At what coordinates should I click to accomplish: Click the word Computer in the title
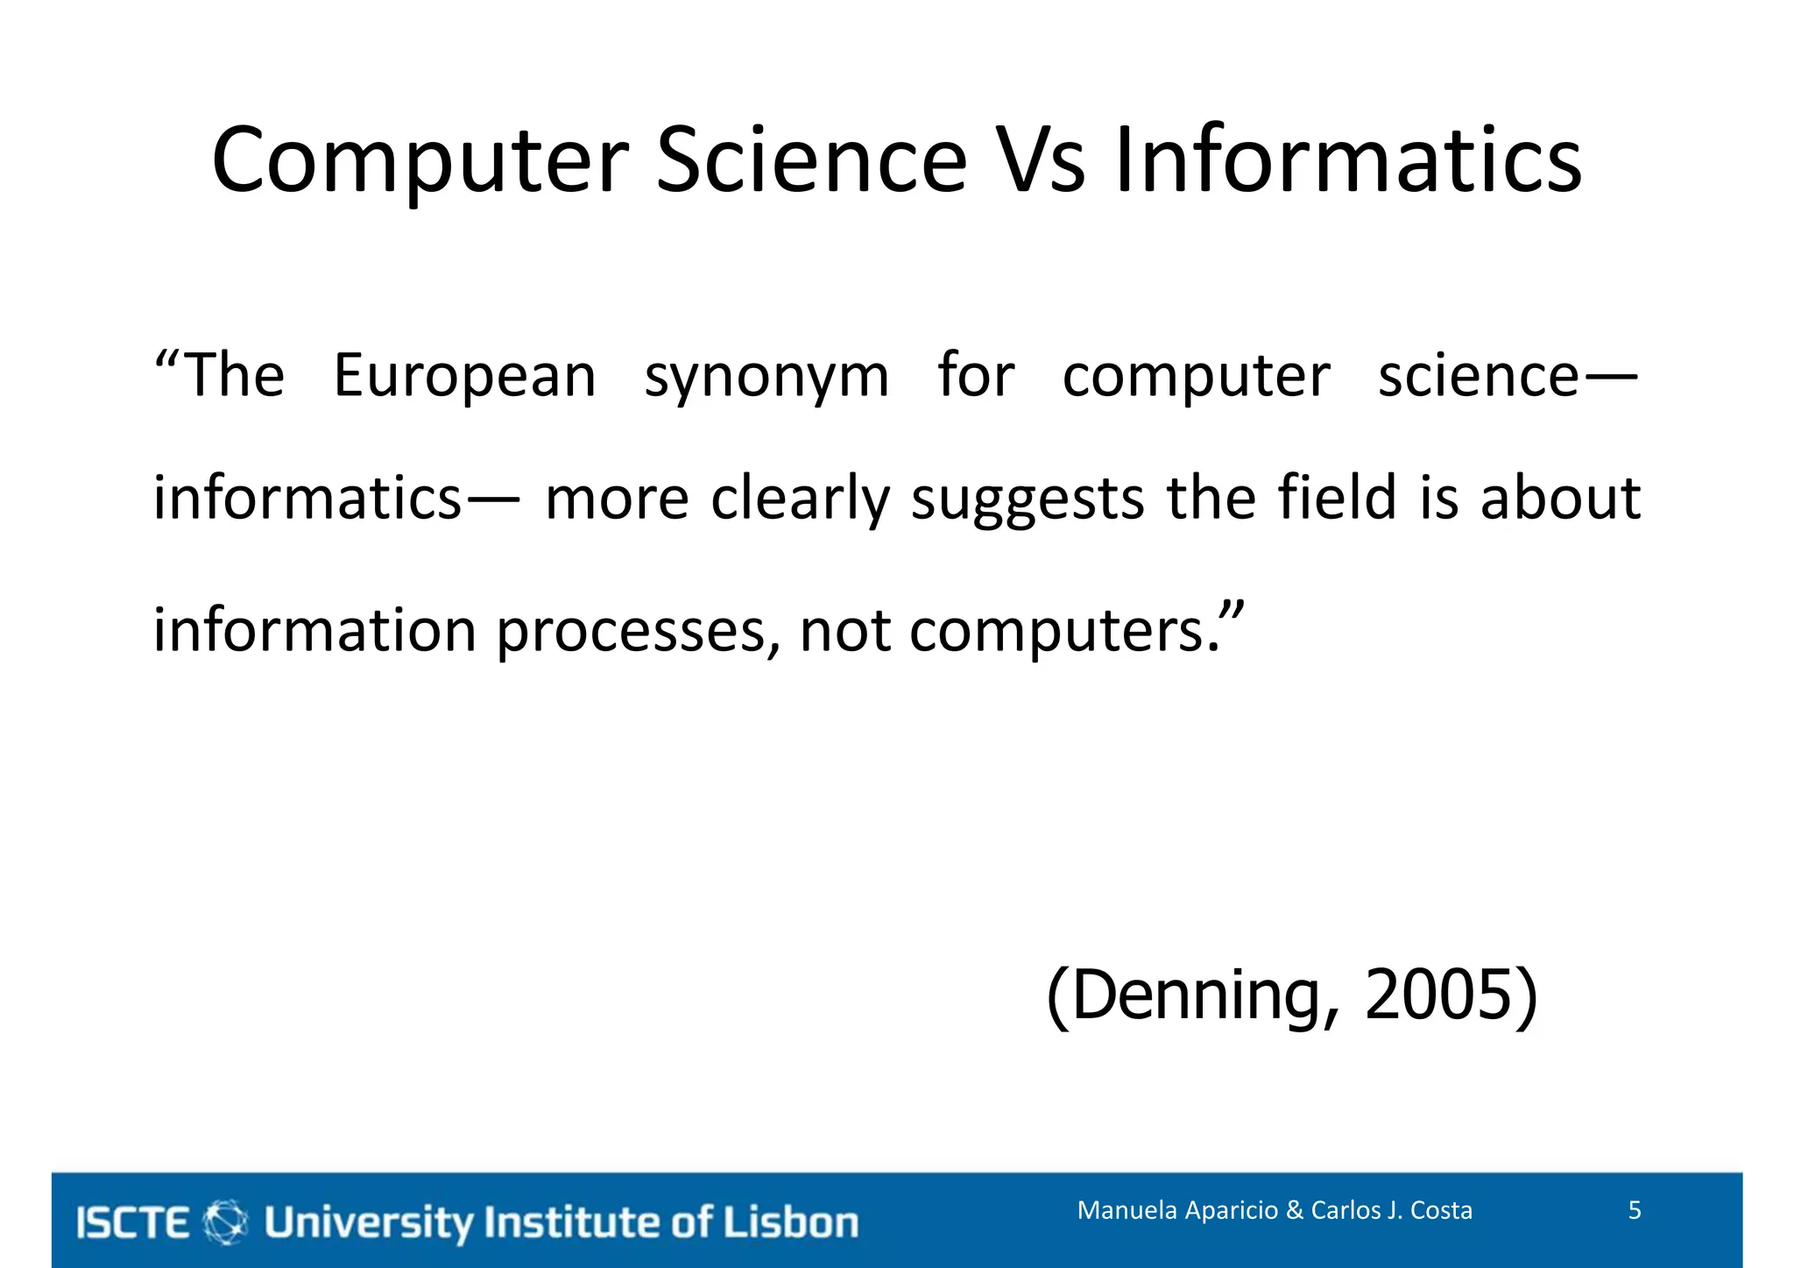point(420,161)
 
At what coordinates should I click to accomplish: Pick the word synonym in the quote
point(766,377)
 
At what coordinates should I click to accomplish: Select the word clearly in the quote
point(800,499)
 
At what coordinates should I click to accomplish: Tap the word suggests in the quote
point(1028,499)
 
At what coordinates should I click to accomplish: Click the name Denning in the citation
point(1195,996)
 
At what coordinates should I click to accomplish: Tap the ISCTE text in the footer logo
point(133,1222)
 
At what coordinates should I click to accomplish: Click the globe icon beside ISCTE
point(225,1222)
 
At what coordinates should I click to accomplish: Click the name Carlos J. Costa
point(1391,1210)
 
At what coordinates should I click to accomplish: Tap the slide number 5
point(1635,1210)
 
